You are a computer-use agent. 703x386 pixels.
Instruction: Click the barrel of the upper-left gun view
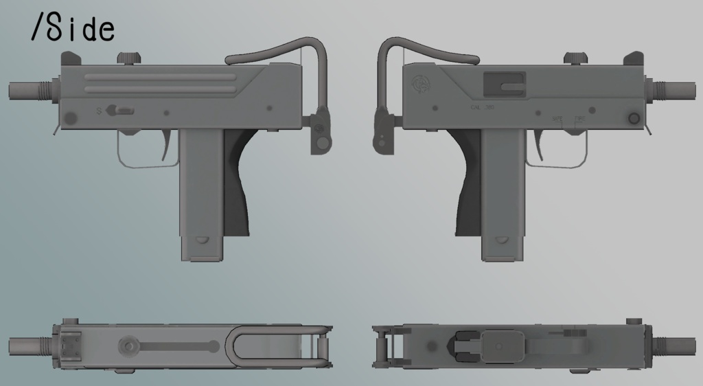point(25,90)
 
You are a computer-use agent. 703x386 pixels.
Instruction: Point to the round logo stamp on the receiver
point(420,84)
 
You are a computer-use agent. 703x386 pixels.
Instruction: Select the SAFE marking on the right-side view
point(557,118)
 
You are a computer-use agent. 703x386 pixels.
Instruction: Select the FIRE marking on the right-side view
point(579,118)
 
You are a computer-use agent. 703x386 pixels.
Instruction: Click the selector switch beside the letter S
point(124,110)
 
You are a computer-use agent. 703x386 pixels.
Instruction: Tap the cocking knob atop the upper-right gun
point(574,58)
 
